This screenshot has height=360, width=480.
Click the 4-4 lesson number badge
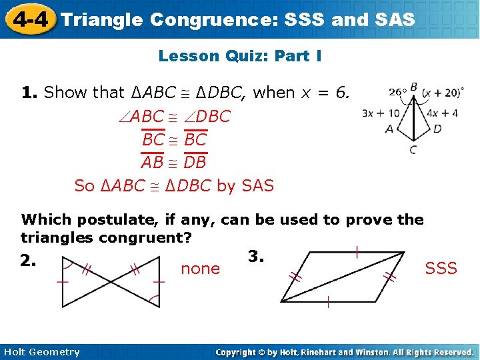click(29, 19)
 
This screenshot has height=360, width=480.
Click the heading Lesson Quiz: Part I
click(240, 57)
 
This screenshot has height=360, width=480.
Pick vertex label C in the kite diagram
click(413, 150)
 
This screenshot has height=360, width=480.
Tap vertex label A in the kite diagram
click(389, 128)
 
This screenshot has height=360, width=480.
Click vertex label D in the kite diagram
click(437, 128)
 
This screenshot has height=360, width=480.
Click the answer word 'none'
click(200, 269)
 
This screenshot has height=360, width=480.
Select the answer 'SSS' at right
click(441, 268)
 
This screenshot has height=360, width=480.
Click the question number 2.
click(29, 261)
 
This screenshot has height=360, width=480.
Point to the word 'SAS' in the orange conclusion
click(257, 186)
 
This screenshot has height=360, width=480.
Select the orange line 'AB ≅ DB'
click(174, 162)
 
